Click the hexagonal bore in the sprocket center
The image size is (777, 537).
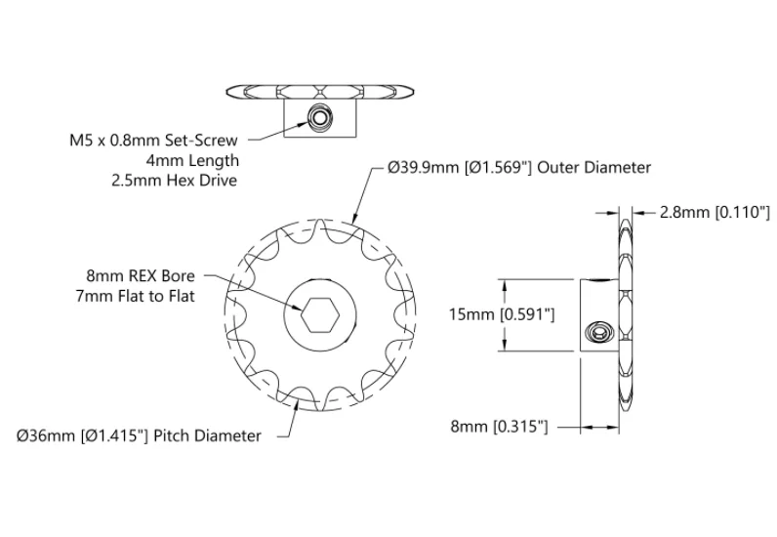click(320, 314)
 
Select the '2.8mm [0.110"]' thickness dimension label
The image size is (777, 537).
click(715, 212)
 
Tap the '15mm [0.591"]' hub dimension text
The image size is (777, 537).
click(502, 314)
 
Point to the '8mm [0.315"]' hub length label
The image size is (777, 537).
click(499, 427)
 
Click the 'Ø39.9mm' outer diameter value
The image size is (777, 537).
click(424, 168)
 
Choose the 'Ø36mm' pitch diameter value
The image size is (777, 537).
click(48, 435)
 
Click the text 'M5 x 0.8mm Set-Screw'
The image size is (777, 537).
click(153, 141)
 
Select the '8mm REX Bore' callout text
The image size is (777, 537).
click(141, 275)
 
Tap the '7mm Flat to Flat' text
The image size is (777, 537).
click(136, 296)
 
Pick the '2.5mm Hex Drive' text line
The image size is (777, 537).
click(175, 180)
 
